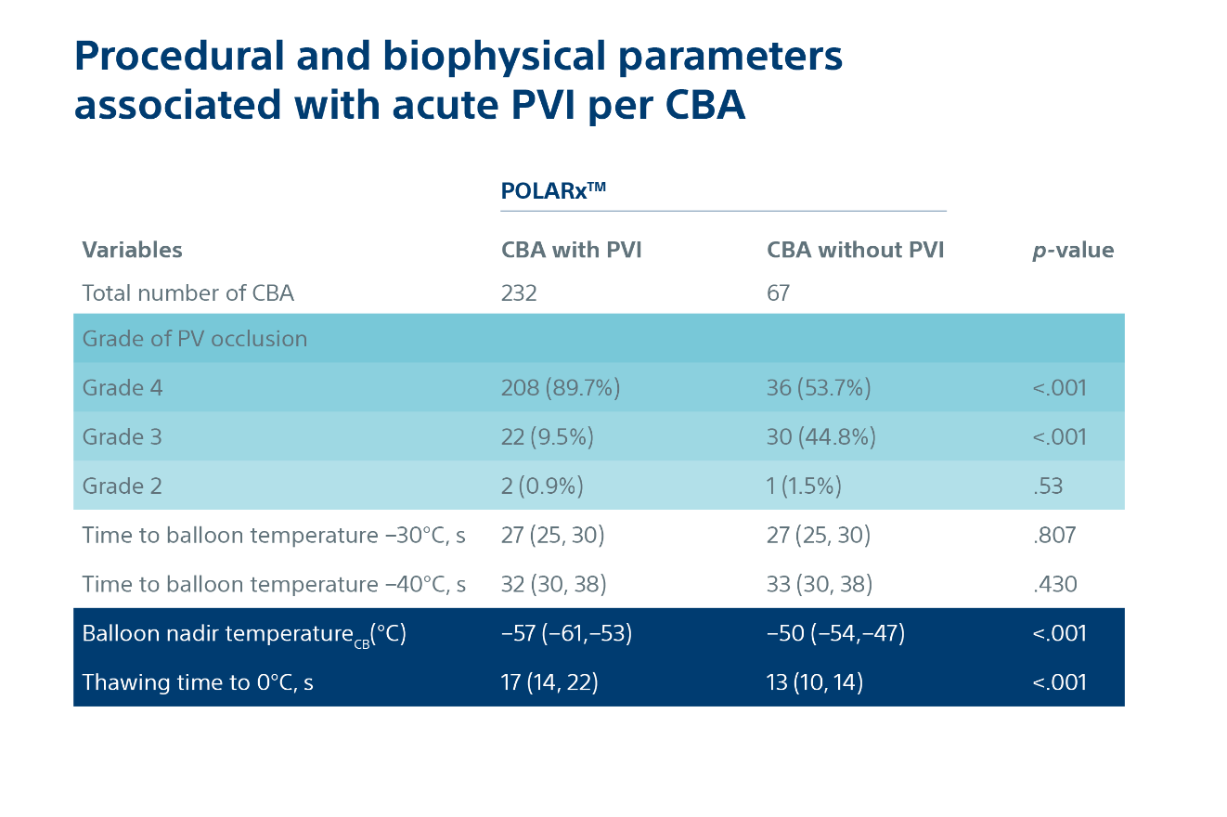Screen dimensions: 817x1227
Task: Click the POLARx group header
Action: pyautogui.click(x=553, y=190)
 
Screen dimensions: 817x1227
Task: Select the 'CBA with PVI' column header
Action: pyautogui.click(x=571, y=250)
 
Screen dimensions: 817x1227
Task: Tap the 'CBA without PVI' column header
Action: pyautogui.click(x=855, y=250)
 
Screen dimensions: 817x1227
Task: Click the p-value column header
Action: pyautogui.click(x=1073, y=250)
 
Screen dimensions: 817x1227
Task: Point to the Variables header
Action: pyautogui.click(x=132, y=250)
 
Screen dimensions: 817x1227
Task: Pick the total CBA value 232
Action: pyautogui.click(x=519, y=293)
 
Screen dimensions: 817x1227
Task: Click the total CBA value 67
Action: pyautogui.click(x=778, y=293)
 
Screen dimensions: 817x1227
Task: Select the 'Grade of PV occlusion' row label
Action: pyautogui.click(x=194, y=339)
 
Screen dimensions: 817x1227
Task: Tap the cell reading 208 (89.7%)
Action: pyautogui.click(x=560, y=388)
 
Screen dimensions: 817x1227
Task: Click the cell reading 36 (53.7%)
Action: pyautogui.click(x=818, y=388)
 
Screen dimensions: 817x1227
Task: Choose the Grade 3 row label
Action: pyautogui.click(x=122, y=437)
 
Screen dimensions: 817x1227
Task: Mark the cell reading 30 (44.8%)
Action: pyautogui.click(x=820, y=437)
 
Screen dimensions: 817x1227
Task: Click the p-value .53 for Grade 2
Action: pyautogui.click(x=1047, y=486)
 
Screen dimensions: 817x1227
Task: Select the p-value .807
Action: pyautogui.click(x=1053, y=536)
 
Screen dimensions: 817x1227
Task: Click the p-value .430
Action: pyautogui.click(x=1053, y=584)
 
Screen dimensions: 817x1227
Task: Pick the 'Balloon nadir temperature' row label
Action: pyautogui.click(x=244, y=634)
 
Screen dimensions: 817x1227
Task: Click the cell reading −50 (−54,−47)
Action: pyautogui.click(x=835, y=634)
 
